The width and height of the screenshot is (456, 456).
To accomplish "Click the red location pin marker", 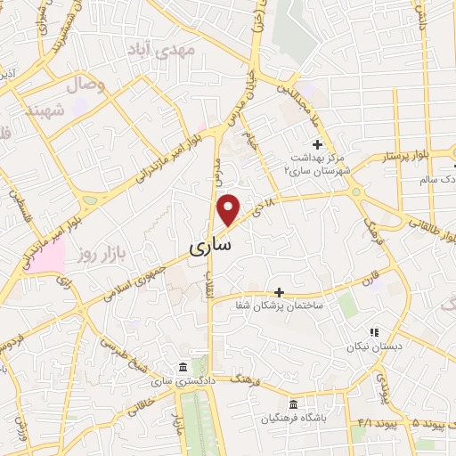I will [229, 209].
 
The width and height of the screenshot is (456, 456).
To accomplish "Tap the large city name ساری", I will [211, 242].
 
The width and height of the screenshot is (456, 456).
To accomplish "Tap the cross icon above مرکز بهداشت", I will [317, 144].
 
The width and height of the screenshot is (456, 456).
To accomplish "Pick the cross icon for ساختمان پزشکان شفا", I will [279, 292].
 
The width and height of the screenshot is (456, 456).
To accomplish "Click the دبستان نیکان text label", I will [375, 346].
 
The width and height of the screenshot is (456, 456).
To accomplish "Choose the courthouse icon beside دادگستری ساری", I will [183, 368].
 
